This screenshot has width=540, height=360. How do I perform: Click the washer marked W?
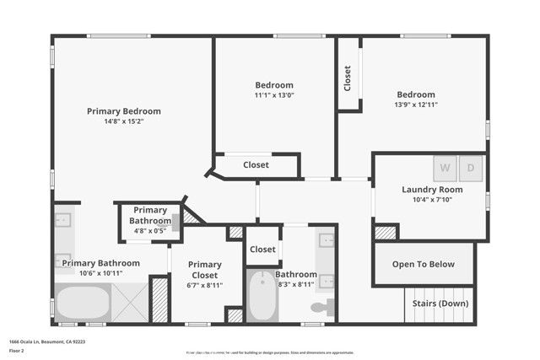445,168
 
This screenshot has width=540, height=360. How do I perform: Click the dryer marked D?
471,168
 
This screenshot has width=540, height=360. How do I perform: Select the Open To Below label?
424,264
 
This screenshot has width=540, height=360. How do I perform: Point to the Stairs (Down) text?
440,302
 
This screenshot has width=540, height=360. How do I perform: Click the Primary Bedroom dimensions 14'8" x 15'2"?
124,121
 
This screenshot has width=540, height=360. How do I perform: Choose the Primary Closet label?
204,270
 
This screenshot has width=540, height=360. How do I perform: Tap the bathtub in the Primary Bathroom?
83,303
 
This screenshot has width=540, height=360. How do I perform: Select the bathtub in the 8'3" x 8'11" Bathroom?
262,297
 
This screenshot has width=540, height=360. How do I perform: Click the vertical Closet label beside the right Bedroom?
348,78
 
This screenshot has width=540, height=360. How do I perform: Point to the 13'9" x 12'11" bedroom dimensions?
416,105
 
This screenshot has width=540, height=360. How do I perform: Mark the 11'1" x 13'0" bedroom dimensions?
274,95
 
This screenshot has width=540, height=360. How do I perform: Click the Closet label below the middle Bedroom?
256,165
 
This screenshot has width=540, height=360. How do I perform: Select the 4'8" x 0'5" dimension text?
149,229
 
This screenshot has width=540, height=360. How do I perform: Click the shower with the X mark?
130,303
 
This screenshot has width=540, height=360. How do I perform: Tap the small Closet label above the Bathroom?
262,250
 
